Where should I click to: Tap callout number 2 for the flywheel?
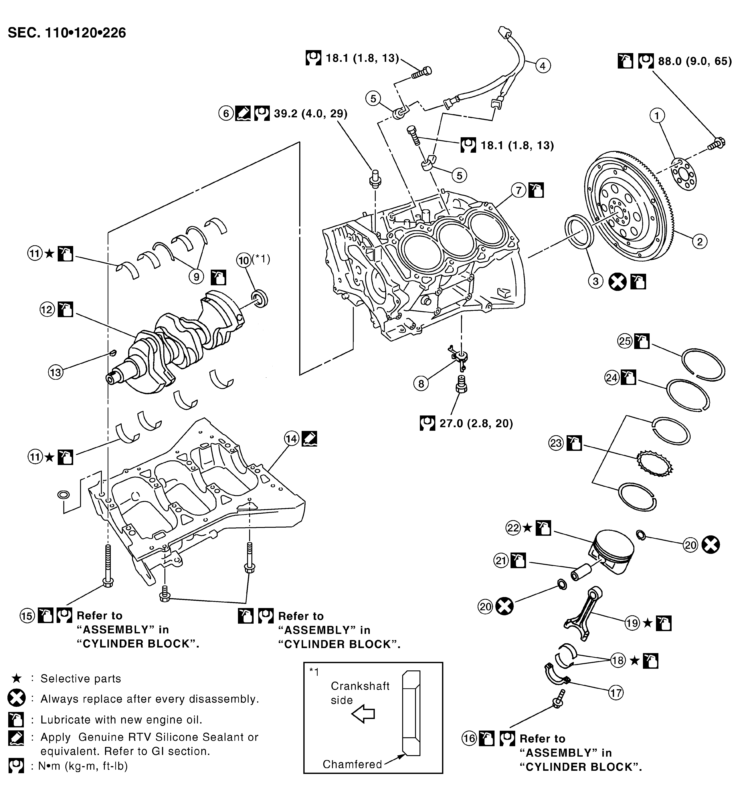click(700, 242)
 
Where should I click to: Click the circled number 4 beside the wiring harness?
click(543, 65)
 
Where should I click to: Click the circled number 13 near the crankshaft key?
click(56, 372)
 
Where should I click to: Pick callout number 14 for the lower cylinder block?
click(292, 439)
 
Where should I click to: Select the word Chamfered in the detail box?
click(352, 764)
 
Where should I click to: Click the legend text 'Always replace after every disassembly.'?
click(150, 699)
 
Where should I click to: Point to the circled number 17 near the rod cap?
click(616, 693)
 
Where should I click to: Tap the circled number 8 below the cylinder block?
click(421, 383)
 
